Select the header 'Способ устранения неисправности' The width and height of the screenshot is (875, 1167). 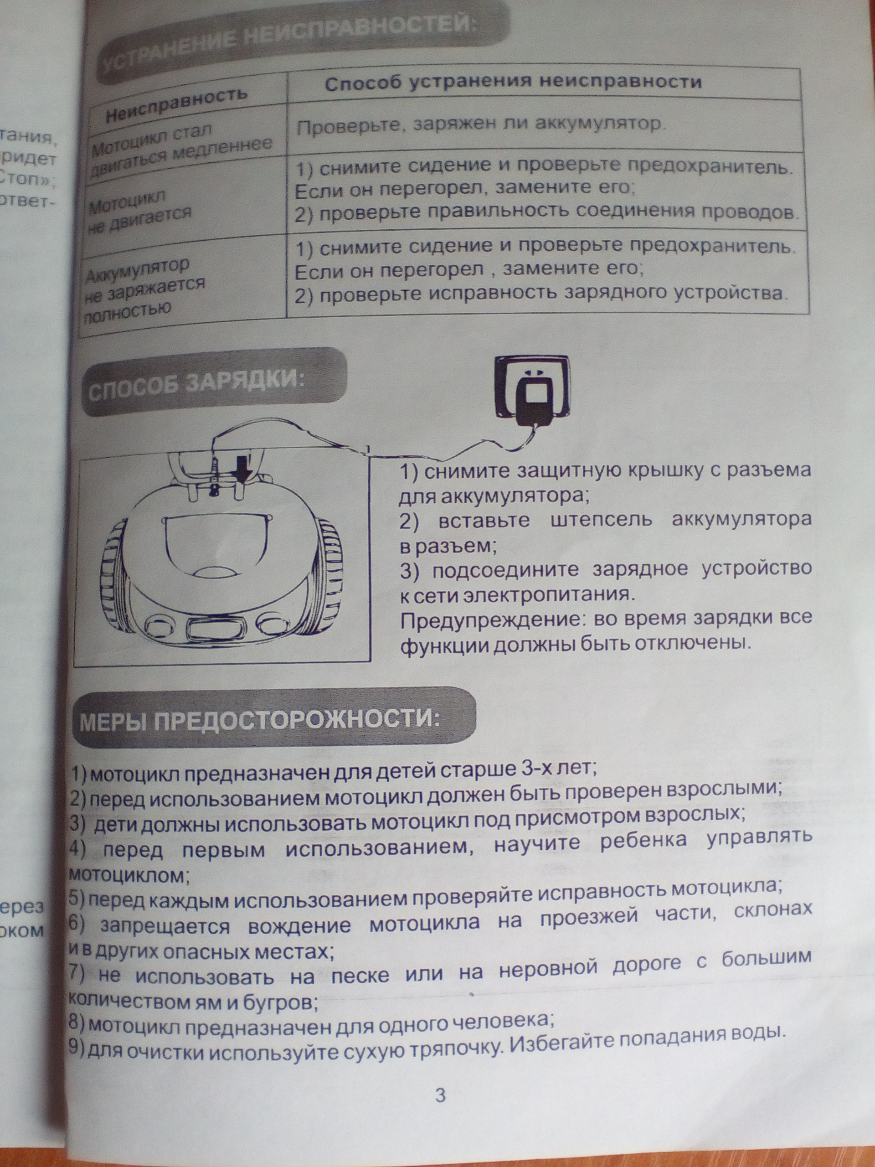tap(513, 83)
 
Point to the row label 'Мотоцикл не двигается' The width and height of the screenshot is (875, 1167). tap(140, 212)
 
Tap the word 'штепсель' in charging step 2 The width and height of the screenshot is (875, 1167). tap(601, 520)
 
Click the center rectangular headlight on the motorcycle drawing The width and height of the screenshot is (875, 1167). tap(211, 628)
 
